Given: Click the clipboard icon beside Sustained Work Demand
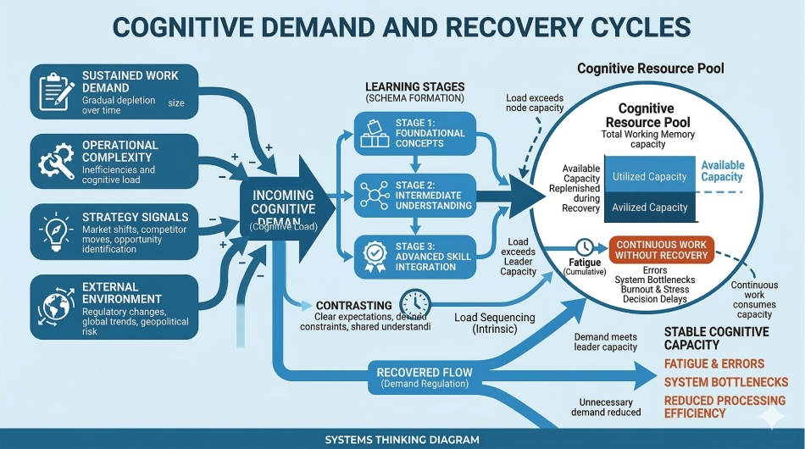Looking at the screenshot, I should (x=57, y=89).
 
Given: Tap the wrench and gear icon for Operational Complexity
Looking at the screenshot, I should (x=57, y=158).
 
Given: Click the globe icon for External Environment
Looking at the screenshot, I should (x=57, y=302).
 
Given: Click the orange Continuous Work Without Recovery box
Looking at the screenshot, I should (x=661, y=249).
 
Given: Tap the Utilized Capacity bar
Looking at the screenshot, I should (x=649, y=176).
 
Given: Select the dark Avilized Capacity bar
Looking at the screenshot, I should (x=649, y=208).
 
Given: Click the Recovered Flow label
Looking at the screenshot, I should (x=412, y=372).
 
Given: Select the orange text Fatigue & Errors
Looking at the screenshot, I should (x=713, y=364).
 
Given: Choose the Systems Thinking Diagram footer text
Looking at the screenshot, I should (x=402, y=440).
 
